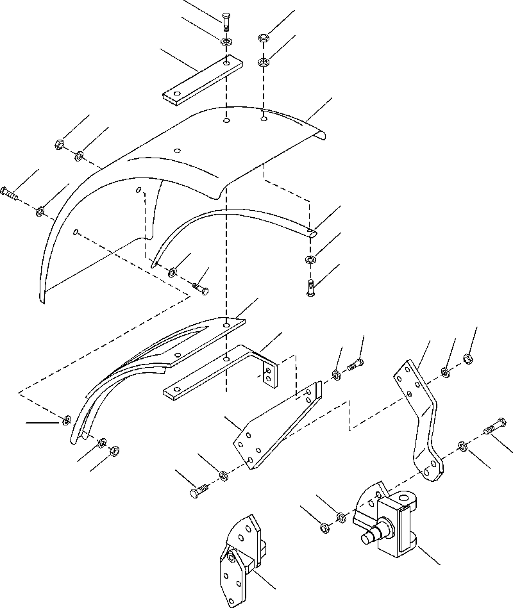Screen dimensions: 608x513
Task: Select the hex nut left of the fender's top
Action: (x=58, y=144)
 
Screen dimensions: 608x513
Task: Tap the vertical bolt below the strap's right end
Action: (x=310, y=287)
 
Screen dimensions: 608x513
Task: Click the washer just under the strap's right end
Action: (x=310, y=259)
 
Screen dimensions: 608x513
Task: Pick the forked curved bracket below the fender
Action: (x=160, y=359)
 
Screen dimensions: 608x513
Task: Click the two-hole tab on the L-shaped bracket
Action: (x=269, y=374)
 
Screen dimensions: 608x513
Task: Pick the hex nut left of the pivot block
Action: (x=324, y=528)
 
